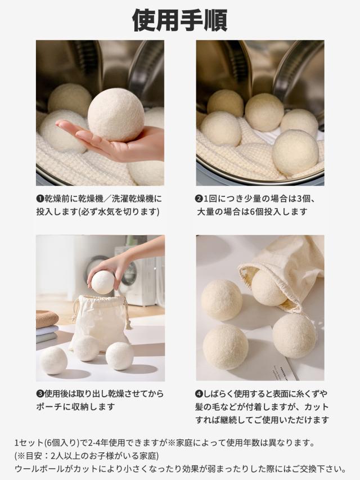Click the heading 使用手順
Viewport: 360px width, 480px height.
tap(179, 20)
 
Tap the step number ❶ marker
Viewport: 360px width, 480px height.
tap(40, 199)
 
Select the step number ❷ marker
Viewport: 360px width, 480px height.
tap(199, 199)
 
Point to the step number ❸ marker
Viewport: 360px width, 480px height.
tap(40, 393)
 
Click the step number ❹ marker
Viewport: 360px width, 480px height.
tap(199, 393)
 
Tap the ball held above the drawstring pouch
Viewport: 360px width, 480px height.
tap(103, 282)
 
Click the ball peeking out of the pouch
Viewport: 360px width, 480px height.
tap(269, 288)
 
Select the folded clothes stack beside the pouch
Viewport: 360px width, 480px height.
tap(47, 326)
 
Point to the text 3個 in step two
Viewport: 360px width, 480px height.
tap(304, 199)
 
